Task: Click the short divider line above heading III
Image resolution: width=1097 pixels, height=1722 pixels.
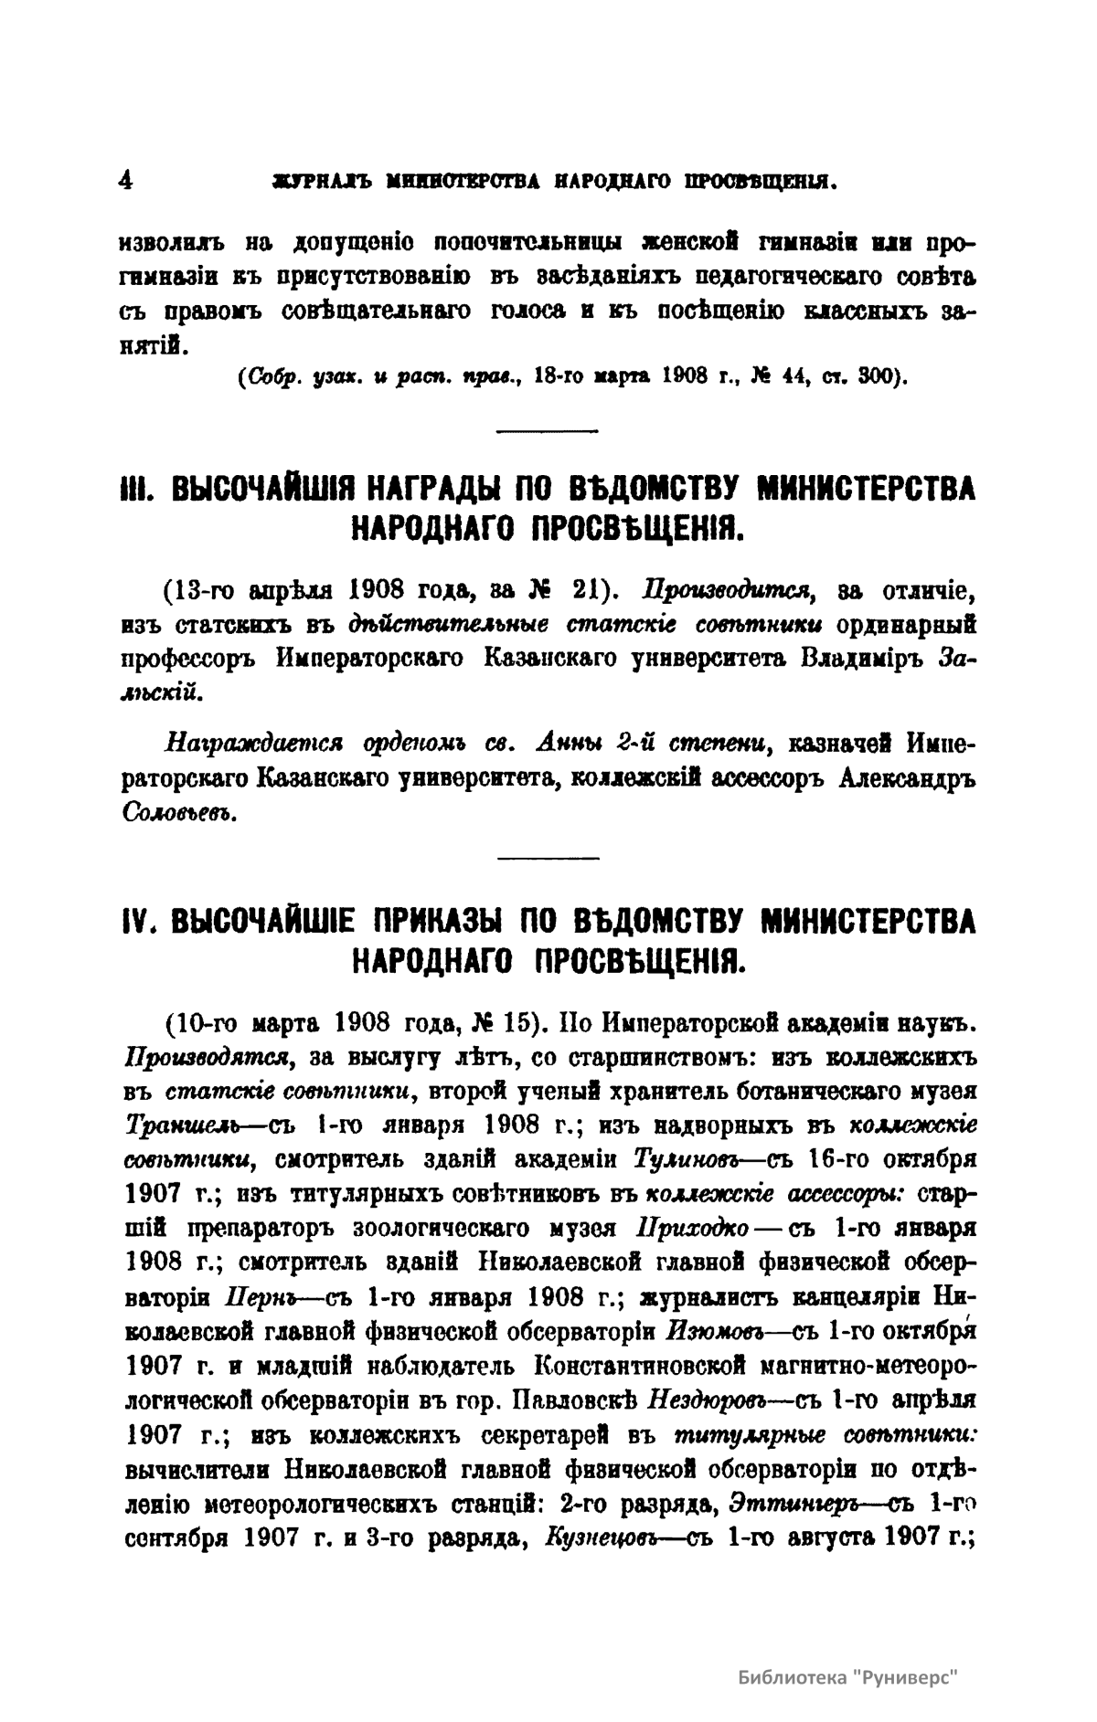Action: [x=547, y=428]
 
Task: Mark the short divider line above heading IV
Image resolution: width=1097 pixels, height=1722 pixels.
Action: [x=547, y=857]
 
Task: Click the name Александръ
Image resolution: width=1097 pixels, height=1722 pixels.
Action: [x=906, y=777]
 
